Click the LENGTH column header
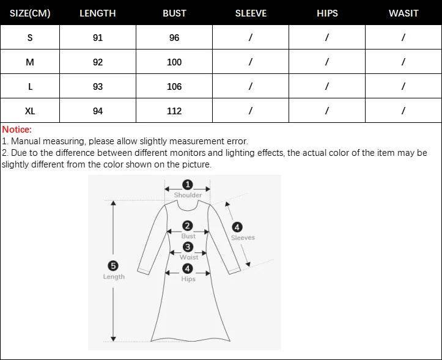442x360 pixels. [x=98, y=13]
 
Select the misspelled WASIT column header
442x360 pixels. [x=403, y=13]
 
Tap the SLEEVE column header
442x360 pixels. [x=251, y=13]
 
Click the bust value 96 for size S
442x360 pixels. [x=174, y=37]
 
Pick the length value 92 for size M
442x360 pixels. [x=98, y=62]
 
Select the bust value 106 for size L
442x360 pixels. [x=174, y=87]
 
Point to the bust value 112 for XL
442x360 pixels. [x=174, y=111]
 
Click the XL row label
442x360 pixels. [x=30, y=111]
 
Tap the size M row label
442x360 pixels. [x=30, y=62]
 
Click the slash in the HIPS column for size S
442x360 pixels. [x=327, y=37]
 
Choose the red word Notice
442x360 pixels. [x=17, y=130]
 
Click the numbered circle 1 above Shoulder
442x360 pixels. [x=188, y=185]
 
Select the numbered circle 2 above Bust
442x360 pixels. [x=188, y=226]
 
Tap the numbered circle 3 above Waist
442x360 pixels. [x=188, y=247]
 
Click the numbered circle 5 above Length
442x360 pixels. [x=113, y=265]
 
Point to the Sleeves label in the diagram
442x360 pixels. [x=243, y=238]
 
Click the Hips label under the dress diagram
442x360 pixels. [x=188, y=279]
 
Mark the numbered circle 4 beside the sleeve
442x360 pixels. [x=237, y=227]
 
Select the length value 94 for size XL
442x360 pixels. [x=98, y=111]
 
